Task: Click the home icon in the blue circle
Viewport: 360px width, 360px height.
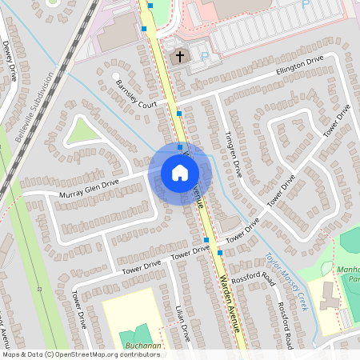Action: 180,173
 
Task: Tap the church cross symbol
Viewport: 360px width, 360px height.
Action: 180,57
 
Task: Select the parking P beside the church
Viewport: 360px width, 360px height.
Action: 203,57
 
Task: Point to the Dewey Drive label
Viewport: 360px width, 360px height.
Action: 10,60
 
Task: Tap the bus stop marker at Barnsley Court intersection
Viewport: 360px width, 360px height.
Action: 179,114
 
